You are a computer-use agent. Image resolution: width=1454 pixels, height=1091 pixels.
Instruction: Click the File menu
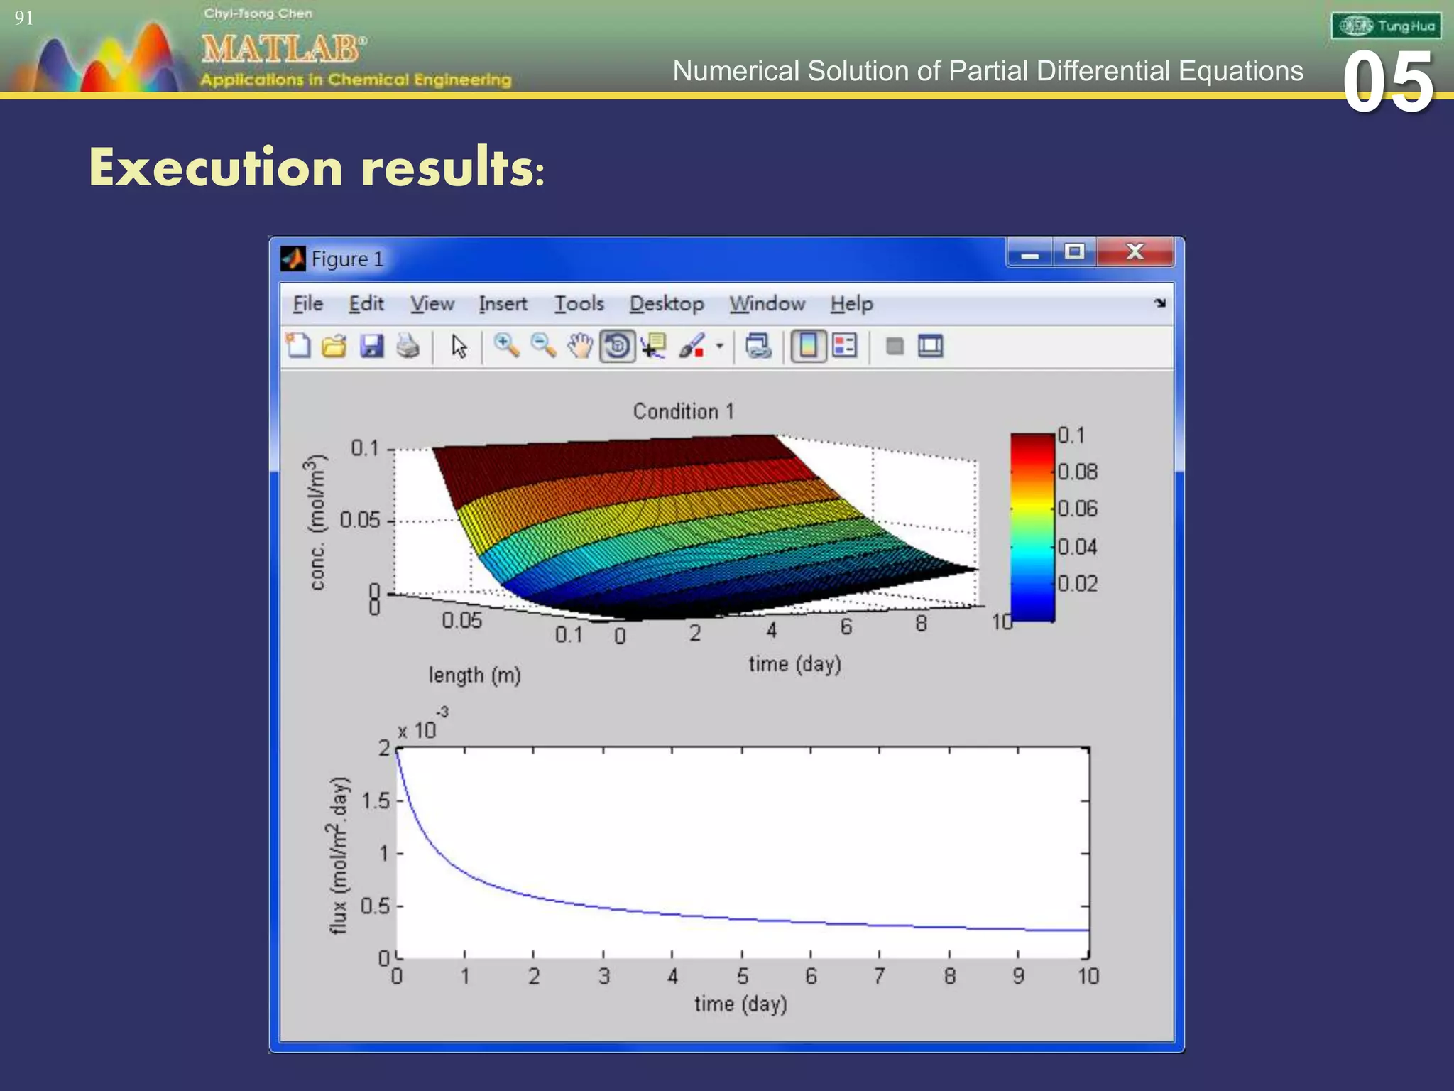(307, 304)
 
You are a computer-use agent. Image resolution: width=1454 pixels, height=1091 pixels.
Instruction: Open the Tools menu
(579, 304)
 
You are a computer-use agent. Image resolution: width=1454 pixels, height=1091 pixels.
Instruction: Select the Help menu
(851, 304)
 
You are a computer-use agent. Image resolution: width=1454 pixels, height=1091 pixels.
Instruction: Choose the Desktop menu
(666, 304)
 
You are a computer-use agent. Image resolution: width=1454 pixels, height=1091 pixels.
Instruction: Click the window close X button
(1135, 252)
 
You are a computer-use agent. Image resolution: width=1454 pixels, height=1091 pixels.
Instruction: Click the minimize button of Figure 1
(1030, 252)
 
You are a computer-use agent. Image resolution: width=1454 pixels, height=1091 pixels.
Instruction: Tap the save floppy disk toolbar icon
(371, 347)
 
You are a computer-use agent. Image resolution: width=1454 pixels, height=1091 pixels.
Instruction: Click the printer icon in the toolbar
(408, 347)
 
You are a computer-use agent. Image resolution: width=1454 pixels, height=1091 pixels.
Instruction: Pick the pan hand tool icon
(580, 347)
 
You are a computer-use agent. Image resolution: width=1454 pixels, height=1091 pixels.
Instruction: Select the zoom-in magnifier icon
(506, 347)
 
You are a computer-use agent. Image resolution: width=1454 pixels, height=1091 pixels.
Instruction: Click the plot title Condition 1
(683, 411)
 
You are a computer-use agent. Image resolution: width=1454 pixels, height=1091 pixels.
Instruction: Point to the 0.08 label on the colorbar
(1077, 472)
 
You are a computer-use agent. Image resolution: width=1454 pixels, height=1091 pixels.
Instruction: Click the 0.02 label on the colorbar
(1077, 584)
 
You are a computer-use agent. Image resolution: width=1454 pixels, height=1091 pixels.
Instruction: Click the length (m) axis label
(474, 675)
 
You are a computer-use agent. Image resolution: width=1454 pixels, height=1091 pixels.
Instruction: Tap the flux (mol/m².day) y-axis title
(339, 855)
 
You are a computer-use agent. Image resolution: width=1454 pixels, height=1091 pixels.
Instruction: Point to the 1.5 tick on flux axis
(376, 801)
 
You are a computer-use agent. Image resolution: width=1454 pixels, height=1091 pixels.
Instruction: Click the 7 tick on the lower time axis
(879, 977)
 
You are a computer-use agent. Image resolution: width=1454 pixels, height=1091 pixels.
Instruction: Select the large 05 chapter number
(1388, 84)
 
